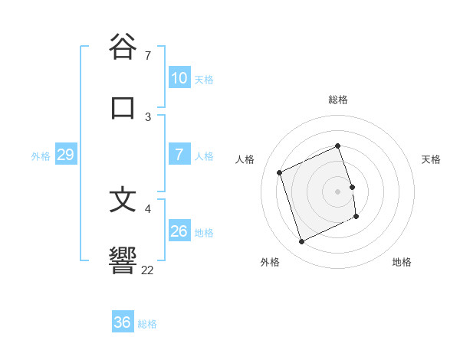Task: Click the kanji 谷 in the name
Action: pos(123,47)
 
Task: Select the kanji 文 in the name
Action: pos(123,199)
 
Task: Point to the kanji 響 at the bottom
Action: pos(123,259)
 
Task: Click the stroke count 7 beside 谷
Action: pos(148,56)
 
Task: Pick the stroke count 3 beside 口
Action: pos(148,117)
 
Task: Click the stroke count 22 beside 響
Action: pos(148,270)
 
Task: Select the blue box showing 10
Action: pos(179,78)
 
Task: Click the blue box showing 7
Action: pos(179,155)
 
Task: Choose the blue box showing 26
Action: pos(179,231)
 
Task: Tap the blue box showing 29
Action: pos(65,155)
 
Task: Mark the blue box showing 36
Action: pos(123,322)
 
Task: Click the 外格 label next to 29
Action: pos(41,156)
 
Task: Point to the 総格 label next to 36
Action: pos(147,324)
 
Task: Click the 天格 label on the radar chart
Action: pos(431,159)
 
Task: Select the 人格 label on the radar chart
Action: pos(245,159)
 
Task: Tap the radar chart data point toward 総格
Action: pos(337,146)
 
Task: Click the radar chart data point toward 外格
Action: pos(301,242)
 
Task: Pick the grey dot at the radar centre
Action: pos(337,191)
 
